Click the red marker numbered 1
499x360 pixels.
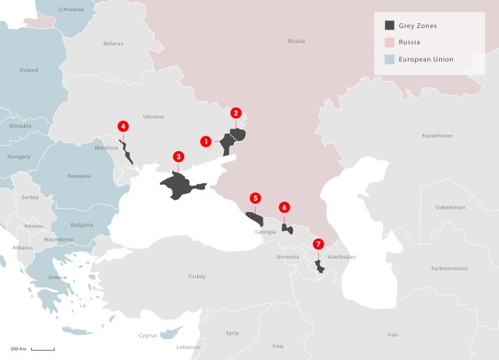click(206, 142)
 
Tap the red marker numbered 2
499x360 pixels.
click(236, 113)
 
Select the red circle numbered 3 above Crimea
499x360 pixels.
click(179, 157)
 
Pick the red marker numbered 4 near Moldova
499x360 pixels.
click(122, 126)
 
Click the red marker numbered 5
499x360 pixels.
click(255, 198)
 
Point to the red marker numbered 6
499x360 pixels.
click(285, 207)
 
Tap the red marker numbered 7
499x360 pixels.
click(318, 244)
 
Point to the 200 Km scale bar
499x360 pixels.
click(42, 348)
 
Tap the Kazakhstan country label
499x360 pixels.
click(437, 136)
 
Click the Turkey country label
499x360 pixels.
click(196, 277)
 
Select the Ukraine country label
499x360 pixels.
click(154, 117)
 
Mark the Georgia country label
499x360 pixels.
click(265, 232)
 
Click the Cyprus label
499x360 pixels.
click(147, 336)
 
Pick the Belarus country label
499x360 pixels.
click(113, 44)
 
